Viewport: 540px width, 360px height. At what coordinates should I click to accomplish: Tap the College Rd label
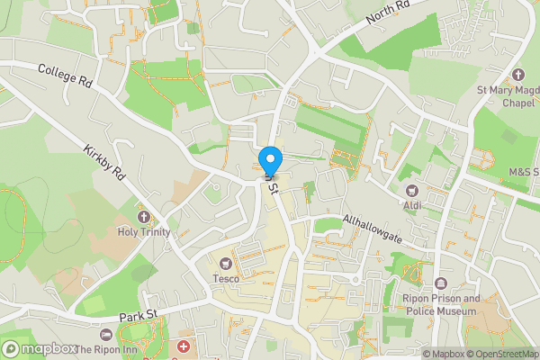click(x=66, y=76)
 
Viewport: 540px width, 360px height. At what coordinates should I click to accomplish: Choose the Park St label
click(x=139, y=314)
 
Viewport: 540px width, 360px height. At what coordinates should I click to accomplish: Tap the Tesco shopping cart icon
click(x=225, y=263)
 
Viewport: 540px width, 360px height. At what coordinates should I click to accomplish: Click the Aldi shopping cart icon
click(x=412, y=190)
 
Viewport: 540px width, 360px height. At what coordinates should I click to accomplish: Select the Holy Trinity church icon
click(x=142, y=217)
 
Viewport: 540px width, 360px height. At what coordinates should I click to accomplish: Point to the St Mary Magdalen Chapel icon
click(x=517, y=75)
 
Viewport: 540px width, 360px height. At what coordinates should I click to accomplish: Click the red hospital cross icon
click(x=184, y=346)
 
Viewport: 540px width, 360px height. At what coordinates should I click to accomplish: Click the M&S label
click(x=521, y=172)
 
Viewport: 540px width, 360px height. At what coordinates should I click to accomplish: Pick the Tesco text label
click(x=225, y=279)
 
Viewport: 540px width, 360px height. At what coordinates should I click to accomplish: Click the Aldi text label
click(x=412, y=206)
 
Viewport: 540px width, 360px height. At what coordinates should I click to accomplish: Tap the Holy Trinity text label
click(x=142, y=232)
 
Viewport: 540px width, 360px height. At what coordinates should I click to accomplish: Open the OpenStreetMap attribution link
click(x=496, y=354)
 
